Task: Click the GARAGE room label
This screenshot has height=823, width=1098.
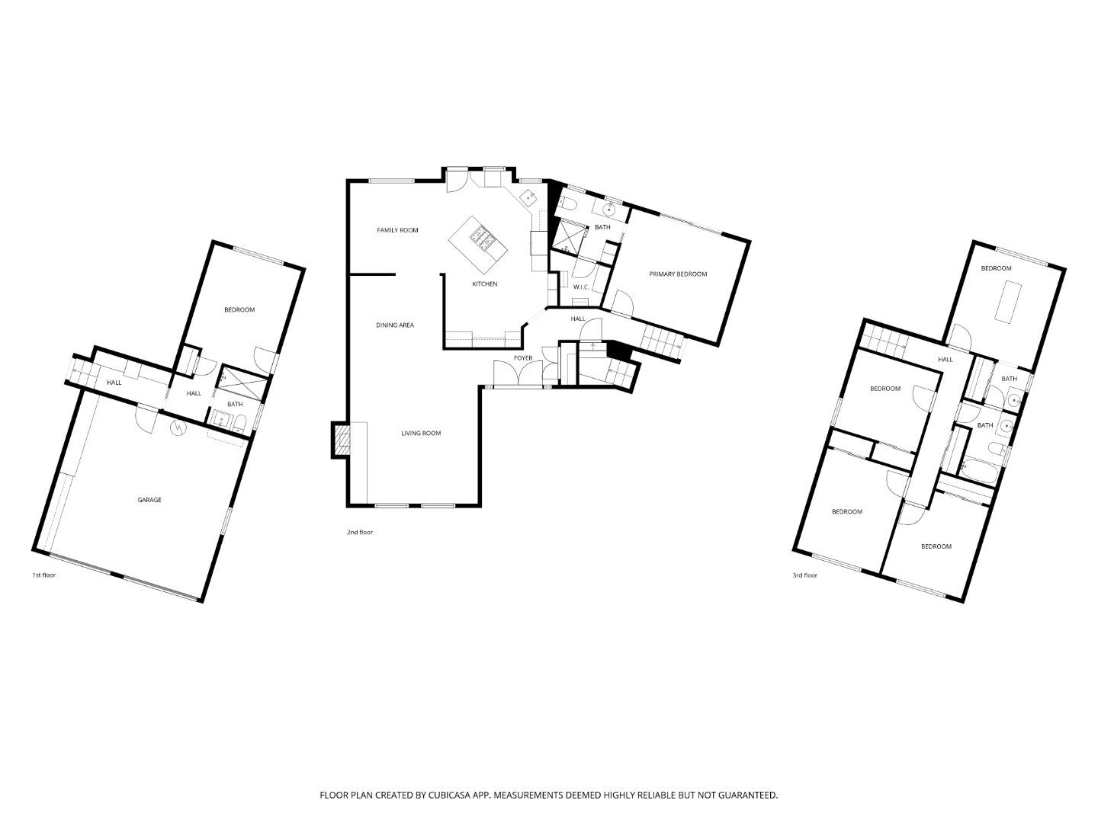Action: point(149,500)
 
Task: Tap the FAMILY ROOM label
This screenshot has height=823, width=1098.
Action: point(397,230)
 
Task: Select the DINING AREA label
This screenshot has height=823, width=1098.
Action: point(395,325)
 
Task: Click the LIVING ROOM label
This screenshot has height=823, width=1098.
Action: point(421,434)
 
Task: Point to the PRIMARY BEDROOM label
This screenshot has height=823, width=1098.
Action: point(678,274)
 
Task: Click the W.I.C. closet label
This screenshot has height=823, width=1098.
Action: point(581,287)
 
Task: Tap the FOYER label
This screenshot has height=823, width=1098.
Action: point(522,358)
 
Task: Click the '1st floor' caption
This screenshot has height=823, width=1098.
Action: point(43,575)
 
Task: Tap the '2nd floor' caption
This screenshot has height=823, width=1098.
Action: point(360,533)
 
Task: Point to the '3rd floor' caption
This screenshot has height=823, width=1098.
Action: point(804,575)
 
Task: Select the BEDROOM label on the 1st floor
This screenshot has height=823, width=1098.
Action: point(239,310)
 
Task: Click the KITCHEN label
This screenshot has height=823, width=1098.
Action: point(484,284)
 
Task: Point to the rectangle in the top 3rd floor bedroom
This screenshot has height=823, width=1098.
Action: point(1006,301)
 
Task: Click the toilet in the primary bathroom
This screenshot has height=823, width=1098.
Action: point(567,203)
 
